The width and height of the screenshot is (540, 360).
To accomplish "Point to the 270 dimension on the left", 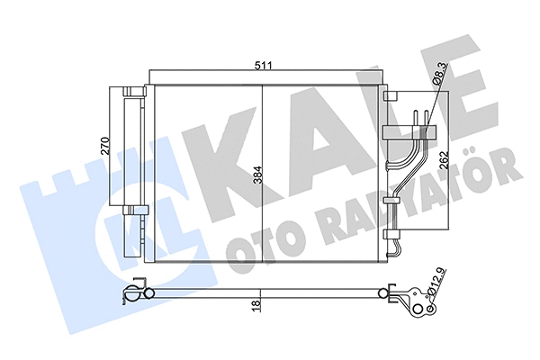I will pyautogui.click(x=104, y=148).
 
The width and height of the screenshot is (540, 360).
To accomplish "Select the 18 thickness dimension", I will pyautogui.click(x=256, y=305).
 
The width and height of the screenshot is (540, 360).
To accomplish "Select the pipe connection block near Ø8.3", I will pyautogui.click(x=408, y=132).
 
